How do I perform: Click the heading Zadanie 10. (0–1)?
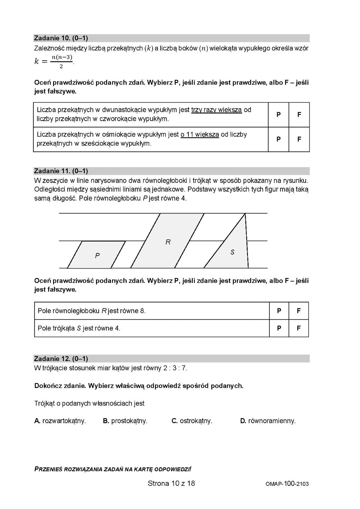pos(61,38)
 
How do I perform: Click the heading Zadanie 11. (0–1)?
pos(61,171)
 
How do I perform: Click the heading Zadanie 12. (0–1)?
pos(61,358)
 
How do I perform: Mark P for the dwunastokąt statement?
pos(279,114)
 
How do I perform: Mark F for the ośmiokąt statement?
pos(299,139)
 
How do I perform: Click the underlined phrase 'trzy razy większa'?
pos(216,110)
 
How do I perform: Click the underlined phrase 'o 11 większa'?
pos(199,135)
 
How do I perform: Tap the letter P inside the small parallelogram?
pos(97,256)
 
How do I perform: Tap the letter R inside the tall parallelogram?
pos(168,242)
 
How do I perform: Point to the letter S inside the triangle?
pos(233,252)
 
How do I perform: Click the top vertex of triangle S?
pos(245,214)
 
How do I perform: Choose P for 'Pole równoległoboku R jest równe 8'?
pos(279,311)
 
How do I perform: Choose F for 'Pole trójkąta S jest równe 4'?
pos(299,328)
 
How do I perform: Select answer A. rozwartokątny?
pos(60,421)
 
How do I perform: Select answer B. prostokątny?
pos(125,421)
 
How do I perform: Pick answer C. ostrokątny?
pos(192,421)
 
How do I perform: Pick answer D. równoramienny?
pos(268,421)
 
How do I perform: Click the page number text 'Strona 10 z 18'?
pos(171,483)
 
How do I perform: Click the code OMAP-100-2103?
pos(287,484)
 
